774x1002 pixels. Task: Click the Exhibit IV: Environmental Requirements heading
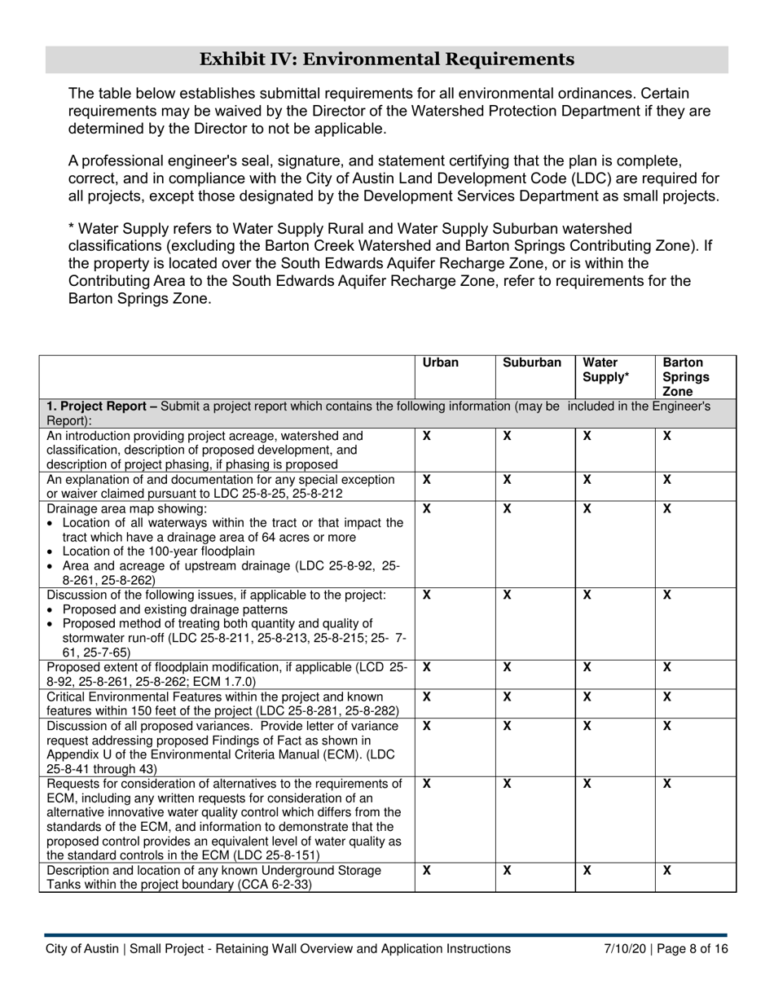[386, 59]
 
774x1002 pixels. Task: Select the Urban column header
[441, 363]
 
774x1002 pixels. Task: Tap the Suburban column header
[532, 363]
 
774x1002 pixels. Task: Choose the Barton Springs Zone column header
[684, 376]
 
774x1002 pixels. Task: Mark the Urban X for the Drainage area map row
[426, 508]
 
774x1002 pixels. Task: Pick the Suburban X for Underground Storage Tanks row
[507, 870]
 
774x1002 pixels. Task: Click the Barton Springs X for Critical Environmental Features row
[666, 697]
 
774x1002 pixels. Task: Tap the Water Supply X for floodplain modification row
[587, 667]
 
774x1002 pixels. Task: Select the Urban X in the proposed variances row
[426, 726]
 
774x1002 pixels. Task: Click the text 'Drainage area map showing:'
[126, 508]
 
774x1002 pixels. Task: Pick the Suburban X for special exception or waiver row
[507, 480]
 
